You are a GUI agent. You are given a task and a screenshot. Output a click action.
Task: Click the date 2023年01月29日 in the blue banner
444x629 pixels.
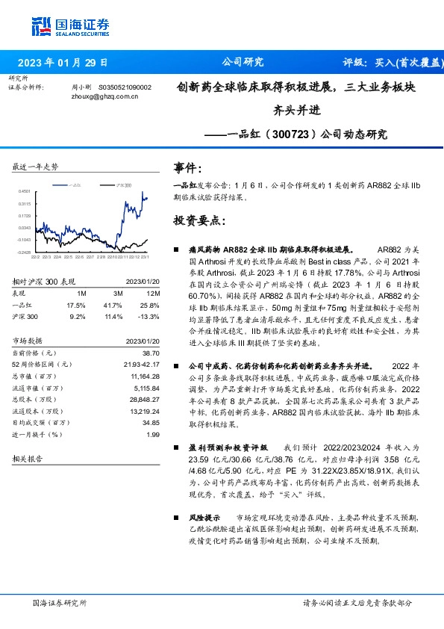[62, 63]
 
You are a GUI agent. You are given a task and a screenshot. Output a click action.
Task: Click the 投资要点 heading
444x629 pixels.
[198, 221]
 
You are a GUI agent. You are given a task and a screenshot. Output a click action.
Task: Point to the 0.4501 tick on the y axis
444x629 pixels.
[25, 192]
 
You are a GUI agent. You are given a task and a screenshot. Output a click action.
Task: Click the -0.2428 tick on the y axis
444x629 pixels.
[25, 252]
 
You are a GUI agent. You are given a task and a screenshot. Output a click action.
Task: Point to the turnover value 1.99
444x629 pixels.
[153, 434]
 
